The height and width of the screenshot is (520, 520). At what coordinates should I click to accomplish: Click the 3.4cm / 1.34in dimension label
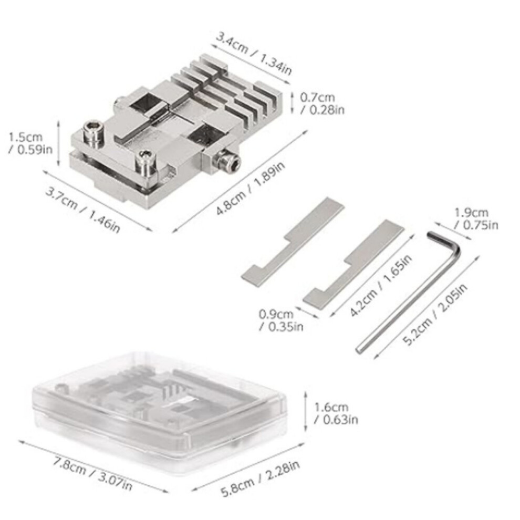click(x=254, y=54)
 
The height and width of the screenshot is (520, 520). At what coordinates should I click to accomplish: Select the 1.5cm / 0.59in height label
click(x=30, y=143)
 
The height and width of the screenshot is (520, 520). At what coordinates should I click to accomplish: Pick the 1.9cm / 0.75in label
click(x=476, y=219)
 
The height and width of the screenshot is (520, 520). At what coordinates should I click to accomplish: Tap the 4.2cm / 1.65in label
click(x=381, y=286)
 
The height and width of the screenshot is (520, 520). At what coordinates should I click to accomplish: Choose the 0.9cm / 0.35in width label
click(x=281, y=320)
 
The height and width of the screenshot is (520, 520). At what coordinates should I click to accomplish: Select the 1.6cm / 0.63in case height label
click(x=336, y=413)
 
